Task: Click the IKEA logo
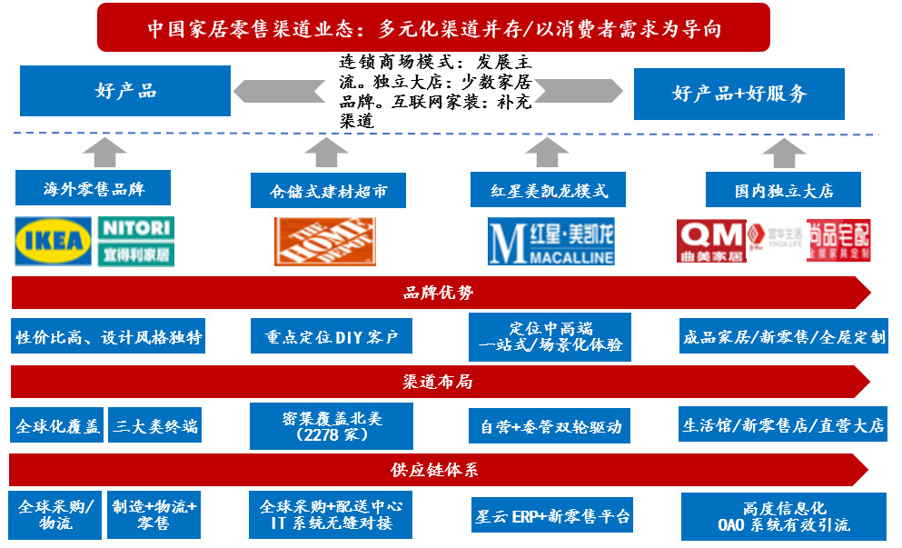tap(54, 241)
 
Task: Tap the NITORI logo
tap(135, 241)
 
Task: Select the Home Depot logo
tap(324, 241)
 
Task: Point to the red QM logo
tap(710, 241)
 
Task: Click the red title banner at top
tap(434, 27)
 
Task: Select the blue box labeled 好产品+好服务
tap(738, 93)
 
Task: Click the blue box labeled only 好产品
tap(125, 92)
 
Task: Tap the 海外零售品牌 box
tap(94, 189)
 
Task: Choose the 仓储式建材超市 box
tap(328, 191)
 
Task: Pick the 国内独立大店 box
tap(784, 191)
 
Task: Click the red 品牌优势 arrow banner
tap(439, 293)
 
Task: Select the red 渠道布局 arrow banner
tap(439, 381)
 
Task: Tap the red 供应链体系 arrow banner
tap(439, 470)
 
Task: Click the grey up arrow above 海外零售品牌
tap(109, 151)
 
